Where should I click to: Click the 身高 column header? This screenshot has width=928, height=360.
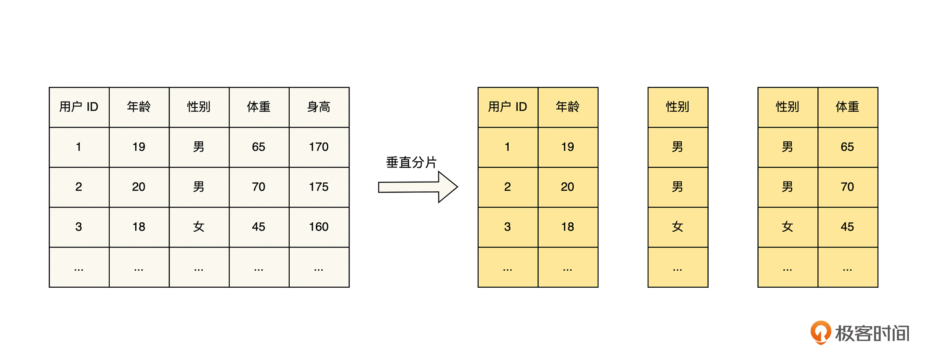pos(319,107)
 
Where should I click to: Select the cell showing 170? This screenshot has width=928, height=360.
pos(319,147)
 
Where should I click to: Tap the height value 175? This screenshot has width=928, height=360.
pos(319,187)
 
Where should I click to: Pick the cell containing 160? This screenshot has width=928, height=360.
pos(319,227)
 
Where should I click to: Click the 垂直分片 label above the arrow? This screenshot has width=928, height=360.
pos(411,163)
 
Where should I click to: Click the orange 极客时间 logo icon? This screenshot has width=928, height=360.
pos(821,332)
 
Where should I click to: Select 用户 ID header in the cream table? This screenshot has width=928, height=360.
pos(79,107)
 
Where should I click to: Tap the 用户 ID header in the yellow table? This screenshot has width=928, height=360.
pos(507,107)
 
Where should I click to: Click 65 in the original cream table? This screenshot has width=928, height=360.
pos(259,147)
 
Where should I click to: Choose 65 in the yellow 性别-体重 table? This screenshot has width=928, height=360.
pos(848,147)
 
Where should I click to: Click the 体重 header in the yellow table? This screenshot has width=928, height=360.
pos(848,107)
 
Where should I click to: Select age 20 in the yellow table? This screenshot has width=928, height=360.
pos(568,187)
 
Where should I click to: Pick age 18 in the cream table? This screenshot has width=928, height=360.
pos(139,227)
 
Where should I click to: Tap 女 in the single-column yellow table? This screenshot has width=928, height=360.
pos(677,227)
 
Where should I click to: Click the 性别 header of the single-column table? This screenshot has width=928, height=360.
pos(677,107)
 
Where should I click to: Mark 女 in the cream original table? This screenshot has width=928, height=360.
pos(199,227)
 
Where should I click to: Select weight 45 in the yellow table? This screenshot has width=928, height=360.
pos(848,227)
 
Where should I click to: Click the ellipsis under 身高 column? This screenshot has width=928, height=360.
pos(319,269)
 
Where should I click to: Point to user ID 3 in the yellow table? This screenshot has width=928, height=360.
pos(507,227)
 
